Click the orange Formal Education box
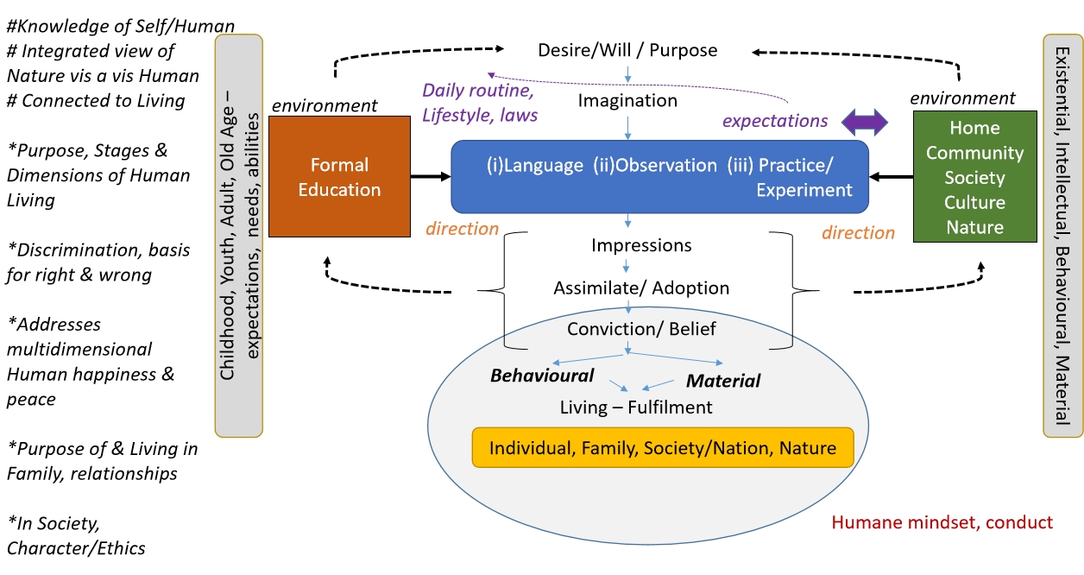[339, 176]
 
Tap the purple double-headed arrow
[864, 122]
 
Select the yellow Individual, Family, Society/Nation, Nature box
[663, 447]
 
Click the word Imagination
[627, 101]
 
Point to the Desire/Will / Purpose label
[627, 50]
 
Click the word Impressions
[641, 245]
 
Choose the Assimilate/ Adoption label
[641, 288]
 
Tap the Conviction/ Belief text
[641, 329]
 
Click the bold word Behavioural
[541, 376]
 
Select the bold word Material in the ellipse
[723, 381]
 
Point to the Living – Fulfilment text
[636, 408]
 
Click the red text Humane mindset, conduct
[942, 522]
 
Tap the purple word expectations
[775, 121]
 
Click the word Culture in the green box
[974, 202]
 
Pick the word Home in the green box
[974, 128]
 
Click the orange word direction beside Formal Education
[462, 229]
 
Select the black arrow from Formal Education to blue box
[431, 177]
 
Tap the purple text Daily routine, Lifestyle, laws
[480, 103]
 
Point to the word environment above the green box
[962, 98]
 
